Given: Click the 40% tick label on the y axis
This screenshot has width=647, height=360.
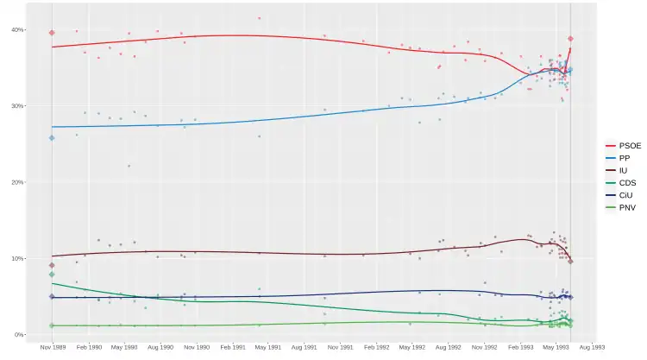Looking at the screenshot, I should click(x=17, y=30).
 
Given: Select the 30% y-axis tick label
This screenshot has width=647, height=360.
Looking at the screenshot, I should click(x=17, y=106).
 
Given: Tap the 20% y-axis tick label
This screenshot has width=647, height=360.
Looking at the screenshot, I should click(x=17, y=182).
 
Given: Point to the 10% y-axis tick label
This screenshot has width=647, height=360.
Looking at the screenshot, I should click(x=17, y=258).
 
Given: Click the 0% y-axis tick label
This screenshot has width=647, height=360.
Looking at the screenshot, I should click(x=19, y=335).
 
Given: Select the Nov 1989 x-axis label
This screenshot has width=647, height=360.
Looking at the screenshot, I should click(x=52, y=348).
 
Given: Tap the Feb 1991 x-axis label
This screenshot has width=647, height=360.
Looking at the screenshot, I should click(x=233, y=348).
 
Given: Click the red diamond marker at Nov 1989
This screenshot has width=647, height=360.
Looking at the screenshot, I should click(x=52, y=33).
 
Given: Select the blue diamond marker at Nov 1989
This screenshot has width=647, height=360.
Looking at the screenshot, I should click(x=52, y=137).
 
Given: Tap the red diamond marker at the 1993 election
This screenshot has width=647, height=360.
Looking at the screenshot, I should click(x=571, y=39).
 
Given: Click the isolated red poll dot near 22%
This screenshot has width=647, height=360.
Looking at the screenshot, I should click(x=129, y=166).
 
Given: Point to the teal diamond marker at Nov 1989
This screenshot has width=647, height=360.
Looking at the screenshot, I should click(x=52, y=275).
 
